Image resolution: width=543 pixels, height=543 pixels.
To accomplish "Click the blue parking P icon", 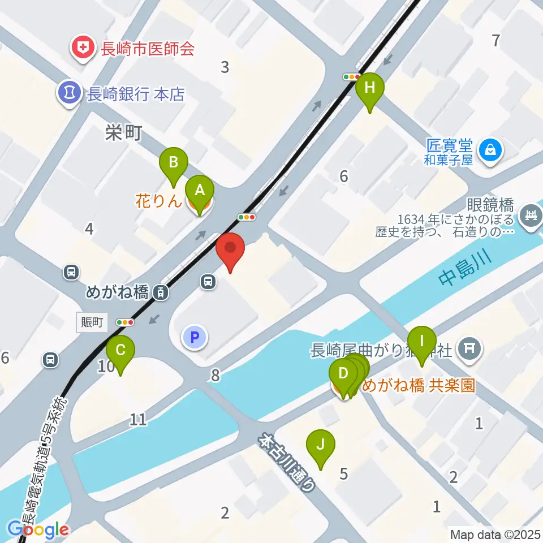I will [x=195, y=338].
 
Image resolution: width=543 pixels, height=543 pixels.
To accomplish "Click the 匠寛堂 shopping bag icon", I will [x=488, y=150].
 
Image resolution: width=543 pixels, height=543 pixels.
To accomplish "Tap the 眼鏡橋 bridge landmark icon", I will [x=530, y=216].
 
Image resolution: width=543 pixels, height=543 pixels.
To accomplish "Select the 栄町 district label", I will [x=123, y=133].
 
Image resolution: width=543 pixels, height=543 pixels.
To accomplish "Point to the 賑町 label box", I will [x=92, y=322].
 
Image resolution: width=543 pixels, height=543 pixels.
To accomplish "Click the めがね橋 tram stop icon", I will [x=161, y=292].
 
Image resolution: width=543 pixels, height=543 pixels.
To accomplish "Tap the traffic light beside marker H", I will [x=352, y=76].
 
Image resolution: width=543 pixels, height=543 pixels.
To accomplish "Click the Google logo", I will [x=38, y=530].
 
